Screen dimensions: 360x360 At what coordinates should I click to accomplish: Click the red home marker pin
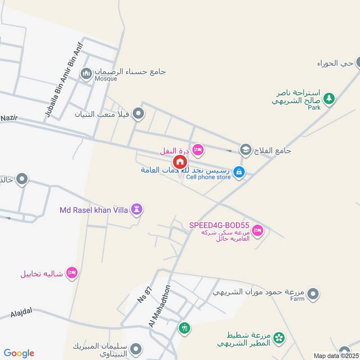(180, 162)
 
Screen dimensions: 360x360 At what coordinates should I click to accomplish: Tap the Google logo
(19, 353)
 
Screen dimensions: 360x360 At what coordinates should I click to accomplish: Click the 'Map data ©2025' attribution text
(336, 356)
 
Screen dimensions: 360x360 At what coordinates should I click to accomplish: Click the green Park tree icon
(329, 98)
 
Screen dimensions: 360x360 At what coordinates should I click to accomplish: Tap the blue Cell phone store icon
(239, 171)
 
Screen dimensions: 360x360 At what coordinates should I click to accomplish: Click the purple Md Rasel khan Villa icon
(137, 209)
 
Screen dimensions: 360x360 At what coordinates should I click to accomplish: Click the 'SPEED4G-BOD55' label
(219, 225)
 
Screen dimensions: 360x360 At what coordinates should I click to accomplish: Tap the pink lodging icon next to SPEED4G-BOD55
(257, 230)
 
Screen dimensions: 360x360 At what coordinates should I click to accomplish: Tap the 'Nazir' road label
(8, 117)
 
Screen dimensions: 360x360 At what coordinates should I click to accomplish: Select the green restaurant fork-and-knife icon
(184, 328)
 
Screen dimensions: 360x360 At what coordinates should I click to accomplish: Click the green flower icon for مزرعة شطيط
(279, 337)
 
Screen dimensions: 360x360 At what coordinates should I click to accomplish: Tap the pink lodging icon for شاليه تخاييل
(72, 273)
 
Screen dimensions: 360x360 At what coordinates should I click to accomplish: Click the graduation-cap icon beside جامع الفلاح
(246, 149)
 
